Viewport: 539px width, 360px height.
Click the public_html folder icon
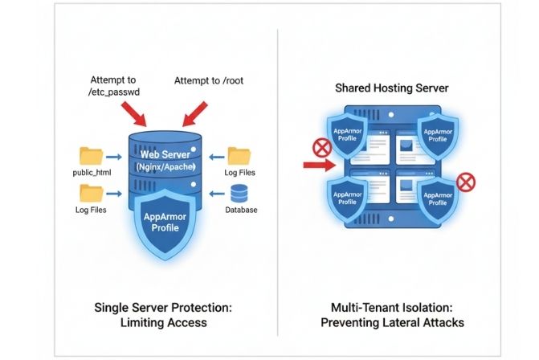pos(92,157)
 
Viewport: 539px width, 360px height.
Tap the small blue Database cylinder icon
pos(239,194)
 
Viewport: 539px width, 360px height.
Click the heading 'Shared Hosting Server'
pos(393,88)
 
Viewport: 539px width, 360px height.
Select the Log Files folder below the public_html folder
pos(92,194)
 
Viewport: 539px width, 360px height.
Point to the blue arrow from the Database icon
pos(214,194)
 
